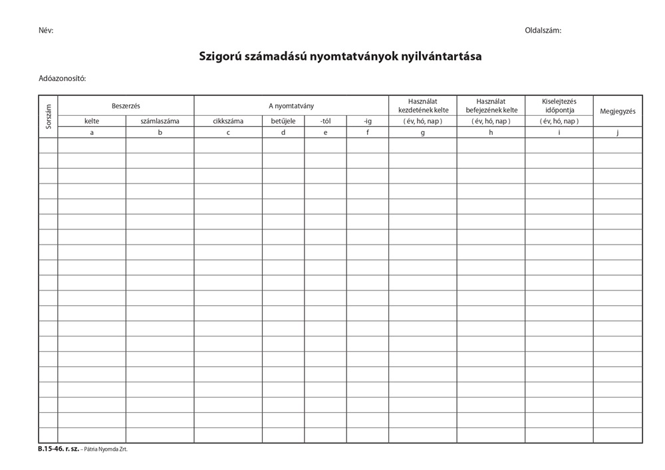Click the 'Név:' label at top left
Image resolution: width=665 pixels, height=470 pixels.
[x=46, y=31]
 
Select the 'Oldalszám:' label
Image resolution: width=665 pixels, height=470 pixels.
[x=543, y=31]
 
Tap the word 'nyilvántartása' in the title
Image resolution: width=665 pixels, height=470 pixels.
[x=441, y=57]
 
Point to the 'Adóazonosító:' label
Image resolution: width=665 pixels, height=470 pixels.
[x=63, y=78]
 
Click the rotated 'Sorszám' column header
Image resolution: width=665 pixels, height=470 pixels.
[x=48, y=116]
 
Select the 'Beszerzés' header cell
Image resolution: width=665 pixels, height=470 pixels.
[x=126, y=106]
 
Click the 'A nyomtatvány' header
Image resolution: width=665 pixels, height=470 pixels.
[x=291, y=106]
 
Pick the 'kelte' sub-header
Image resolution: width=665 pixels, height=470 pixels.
[x=92, y=121]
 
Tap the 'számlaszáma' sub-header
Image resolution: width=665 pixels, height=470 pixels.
[x=160, y=121]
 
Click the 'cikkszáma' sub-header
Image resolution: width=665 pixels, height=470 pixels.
[x=228, y=121]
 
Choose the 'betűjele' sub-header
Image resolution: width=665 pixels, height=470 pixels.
[x=283, y=121]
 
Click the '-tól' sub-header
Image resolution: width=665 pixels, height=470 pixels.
[x=325, y=121]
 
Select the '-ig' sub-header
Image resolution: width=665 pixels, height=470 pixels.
[x=368, y=121]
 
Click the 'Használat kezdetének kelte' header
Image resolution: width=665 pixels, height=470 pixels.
[x=423, y=106]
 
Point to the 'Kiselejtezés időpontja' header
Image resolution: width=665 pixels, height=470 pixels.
[x=559, y=106]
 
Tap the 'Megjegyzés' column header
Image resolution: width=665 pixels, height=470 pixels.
[x=618, y=111]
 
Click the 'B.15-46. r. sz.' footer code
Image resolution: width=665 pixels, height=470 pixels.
[x=59, y=449]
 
